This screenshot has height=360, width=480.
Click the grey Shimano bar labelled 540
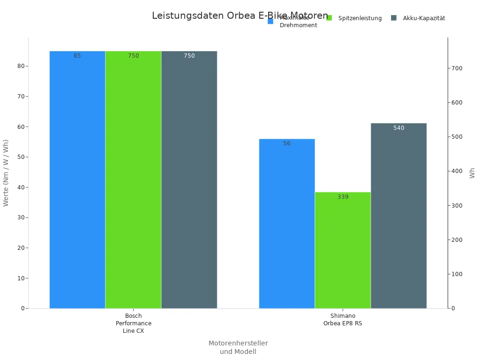click(x=398, y=216)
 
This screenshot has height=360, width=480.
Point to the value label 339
click(x=343, y=197)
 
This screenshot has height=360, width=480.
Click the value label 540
click(x=399, y=128)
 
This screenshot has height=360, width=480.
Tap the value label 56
click(x=287, y=143)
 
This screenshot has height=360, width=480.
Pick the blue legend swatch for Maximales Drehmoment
click(x=270, y=21)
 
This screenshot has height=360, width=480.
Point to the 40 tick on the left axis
click(x=21, y=187)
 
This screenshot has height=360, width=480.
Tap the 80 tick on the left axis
click(x=21, y=66)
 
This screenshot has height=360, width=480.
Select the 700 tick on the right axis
click(x=457, y=68)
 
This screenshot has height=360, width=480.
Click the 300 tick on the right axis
click(x=457, y=206)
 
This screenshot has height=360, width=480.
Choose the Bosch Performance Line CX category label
click(x=134, y=323)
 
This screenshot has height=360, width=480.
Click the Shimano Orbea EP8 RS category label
click(x=343, y=320)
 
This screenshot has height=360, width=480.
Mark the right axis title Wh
click(x=472, y=173)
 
